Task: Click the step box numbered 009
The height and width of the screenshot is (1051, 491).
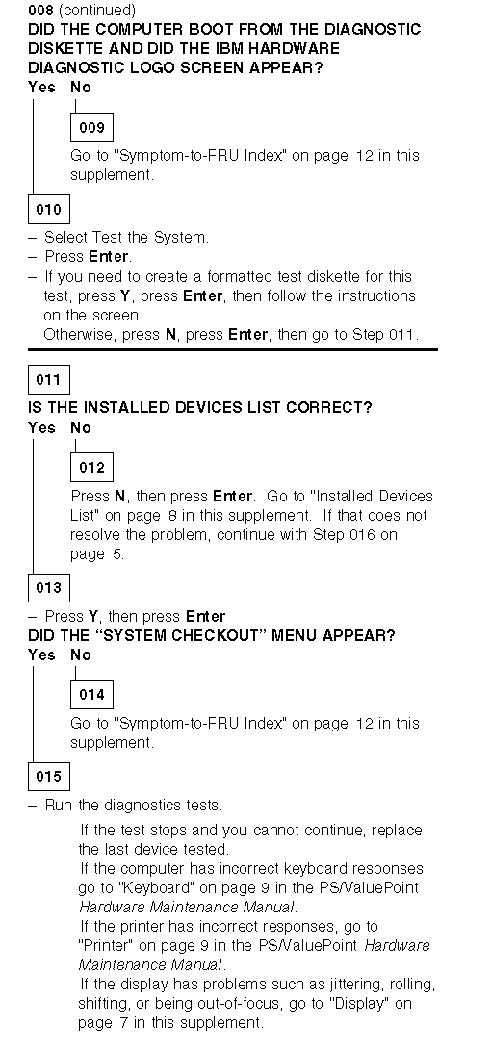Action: pyautogui.click(x=91, y=127)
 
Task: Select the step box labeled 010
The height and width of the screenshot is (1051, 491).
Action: pyautogui.click(x=48, y=209)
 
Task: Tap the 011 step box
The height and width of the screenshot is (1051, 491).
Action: pyautogui.click(x=48, y=380)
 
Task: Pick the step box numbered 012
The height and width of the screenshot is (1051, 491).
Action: pyautogui.click(x=91, y=467)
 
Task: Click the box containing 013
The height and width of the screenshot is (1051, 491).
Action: pyautogui.click(x=48, y=588)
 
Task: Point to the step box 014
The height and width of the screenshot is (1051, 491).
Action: pyautogui.click(x=91, y=695)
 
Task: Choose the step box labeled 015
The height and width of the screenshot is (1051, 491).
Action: pyautogui.click(x=48, y=776)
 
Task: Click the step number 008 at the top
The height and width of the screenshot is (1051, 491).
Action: pyautogui.click(x=41, y=10)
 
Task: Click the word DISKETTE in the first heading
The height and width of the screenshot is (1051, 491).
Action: pyautogui.click(x=65, y=49)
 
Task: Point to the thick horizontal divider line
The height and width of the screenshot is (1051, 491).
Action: pyautogui.click(x=233, y=349)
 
